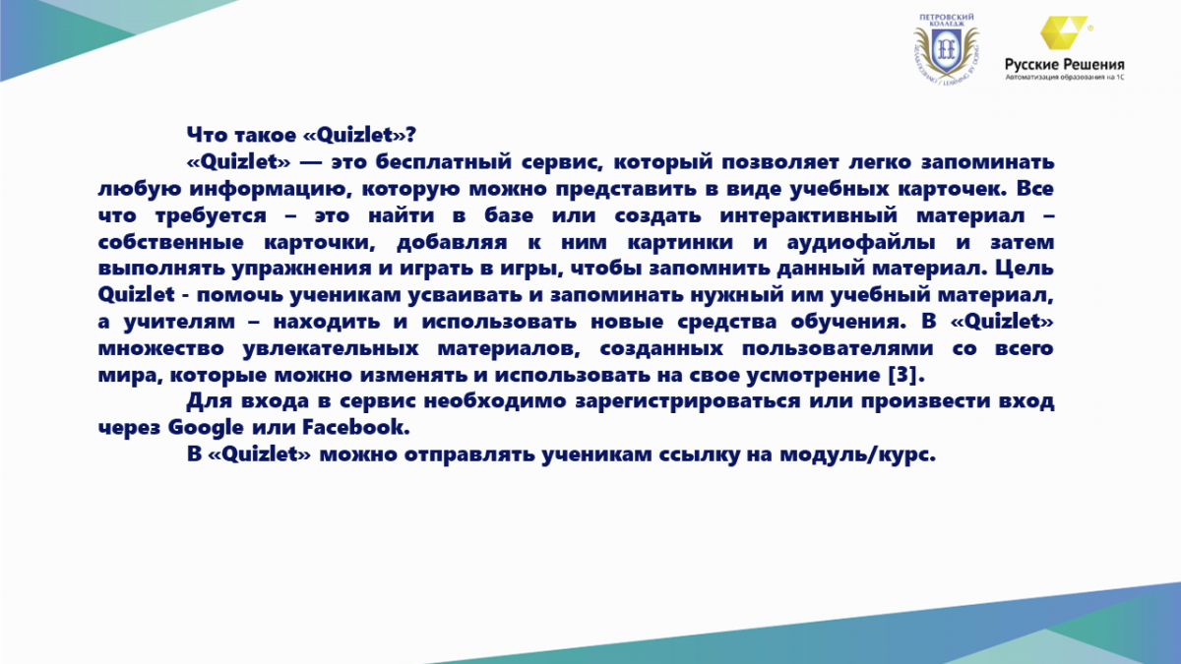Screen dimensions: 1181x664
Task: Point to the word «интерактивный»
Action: click(x=808, y=215)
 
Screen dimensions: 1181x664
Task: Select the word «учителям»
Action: click(x=179, y=322)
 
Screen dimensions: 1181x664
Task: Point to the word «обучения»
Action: click(x=848, y=322)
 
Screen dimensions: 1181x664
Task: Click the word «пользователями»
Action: click(x=838, y=348)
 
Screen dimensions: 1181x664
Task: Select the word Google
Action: click(x=206, y=427)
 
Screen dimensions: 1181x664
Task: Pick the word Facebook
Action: click(x=356, y=427)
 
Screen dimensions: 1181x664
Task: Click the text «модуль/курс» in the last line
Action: click(x=858, y=454)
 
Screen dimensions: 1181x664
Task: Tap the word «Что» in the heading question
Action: click(x=206, y=135)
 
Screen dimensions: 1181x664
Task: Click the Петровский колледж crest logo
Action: click(x=947, y=49)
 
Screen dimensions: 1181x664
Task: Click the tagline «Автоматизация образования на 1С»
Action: click(x=1065, y=77)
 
